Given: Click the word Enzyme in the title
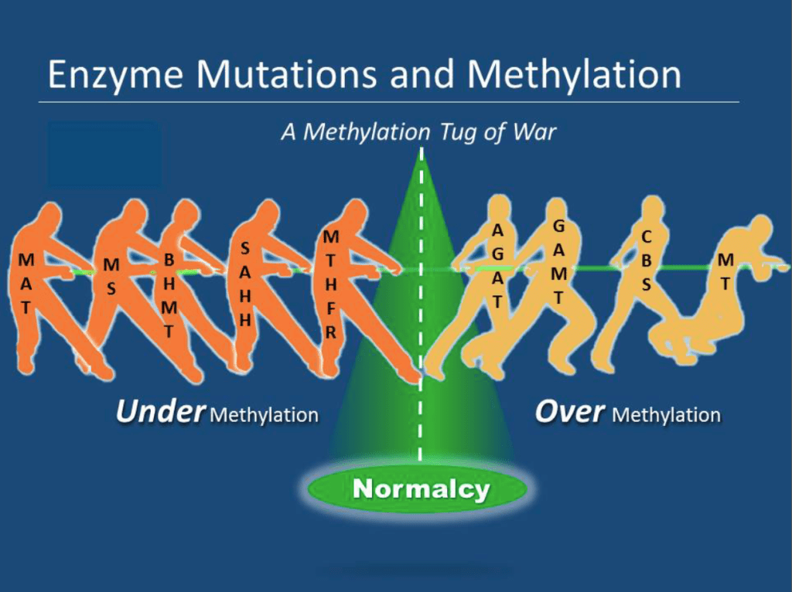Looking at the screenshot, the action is [115, 75].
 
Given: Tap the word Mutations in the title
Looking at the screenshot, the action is [287, 74].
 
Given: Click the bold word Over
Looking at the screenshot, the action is [569, 411].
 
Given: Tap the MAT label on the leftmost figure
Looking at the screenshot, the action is [26, 284].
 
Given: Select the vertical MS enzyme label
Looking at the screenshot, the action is [111, 277].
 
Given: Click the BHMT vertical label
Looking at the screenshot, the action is [169, 295].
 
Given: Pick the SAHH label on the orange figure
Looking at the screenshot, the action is [245, 284].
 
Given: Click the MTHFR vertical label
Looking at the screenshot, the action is [331, 284].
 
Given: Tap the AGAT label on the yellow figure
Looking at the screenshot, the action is [498, 266].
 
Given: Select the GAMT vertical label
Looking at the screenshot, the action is [558, 262].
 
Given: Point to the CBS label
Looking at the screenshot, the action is [646, 261].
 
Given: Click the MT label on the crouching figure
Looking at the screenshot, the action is [725, 272].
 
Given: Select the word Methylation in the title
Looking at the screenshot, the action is [574, 75].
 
